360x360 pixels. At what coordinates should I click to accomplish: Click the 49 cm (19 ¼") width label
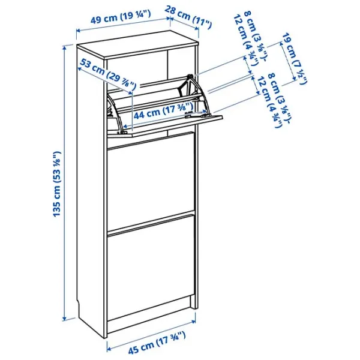coord(121,17)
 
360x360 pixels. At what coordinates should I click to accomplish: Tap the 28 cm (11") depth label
coord(188,17)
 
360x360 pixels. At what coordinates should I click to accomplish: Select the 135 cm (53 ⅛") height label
coord(57,184)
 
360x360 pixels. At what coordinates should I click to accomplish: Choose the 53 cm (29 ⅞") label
coord(108,73)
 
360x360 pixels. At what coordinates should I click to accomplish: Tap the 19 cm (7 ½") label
coord(294,58)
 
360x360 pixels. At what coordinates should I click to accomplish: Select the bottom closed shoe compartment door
coord(151,266)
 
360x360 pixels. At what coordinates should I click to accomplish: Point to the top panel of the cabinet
coord(138,45)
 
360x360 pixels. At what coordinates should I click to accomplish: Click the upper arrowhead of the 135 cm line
coord(65,47)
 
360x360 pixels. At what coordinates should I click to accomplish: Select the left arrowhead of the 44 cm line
coord(125,126)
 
